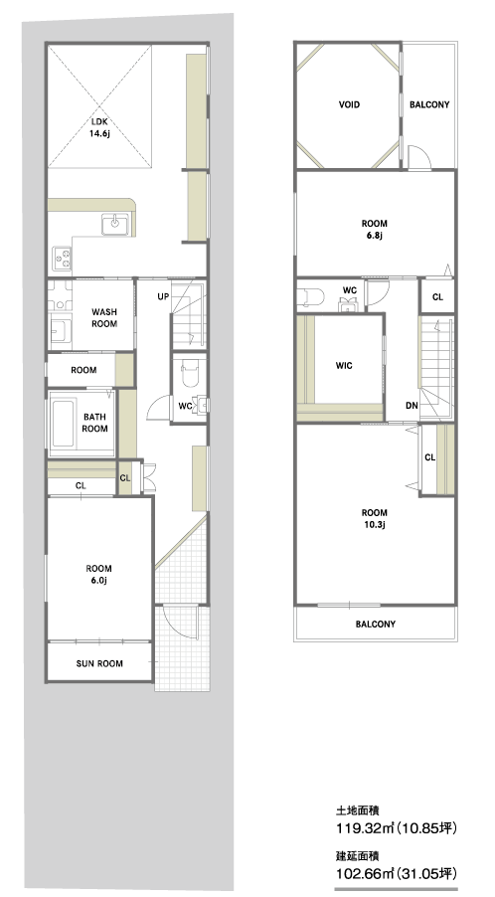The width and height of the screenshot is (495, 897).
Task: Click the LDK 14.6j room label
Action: coord(98,127)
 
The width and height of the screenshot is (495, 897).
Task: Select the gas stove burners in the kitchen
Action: coord(63,258)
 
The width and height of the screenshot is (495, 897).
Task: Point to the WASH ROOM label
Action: coord(104,318)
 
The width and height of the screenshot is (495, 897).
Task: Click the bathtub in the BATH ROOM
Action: coord(63,424)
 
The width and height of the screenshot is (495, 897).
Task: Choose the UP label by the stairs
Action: coord(163,297)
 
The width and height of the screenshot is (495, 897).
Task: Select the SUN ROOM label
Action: coord(99,663)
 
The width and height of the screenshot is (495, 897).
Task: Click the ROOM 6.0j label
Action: coord(98,575)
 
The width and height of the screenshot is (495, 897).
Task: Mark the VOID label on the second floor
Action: coord(349,104)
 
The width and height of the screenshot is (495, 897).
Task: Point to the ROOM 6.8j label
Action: coord(375,230)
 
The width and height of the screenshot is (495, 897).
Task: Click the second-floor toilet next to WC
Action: coord(311,297)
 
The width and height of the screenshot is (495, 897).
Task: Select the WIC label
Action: coord(344,366)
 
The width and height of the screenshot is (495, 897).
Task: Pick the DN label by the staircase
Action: coord(412,406)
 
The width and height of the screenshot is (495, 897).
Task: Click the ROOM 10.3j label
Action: coord(375,519)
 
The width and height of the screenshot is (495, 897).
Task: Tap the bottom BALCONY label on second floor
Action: coord(376,625)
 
